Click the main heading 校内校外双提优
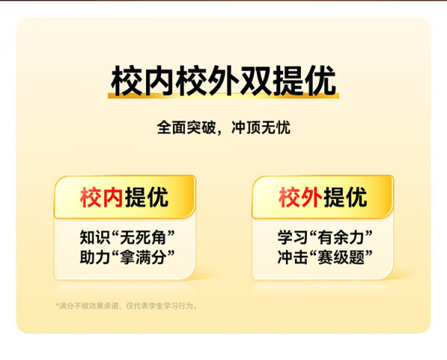click(223, 81)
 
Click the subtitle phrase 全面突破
click(186, 127)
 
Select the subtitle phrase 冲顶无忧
click(261, 127)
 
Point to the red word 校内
click(101, 197)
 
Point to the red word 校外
click(300, 197)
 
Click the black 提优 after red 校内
click(147, 197)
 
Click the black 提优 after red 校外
click(345, 197)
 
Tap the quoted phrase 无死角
click(143, 237)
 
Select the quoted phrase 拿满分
click(143, 257)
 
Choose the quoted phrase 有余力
click(341, 237)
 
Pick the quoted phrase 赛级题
click(341, 257)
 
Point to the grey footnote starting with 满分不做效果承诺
click(127, 306)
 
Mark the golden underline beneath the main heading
click(223, 96)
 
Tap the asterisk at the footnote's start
click(57, 305)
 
